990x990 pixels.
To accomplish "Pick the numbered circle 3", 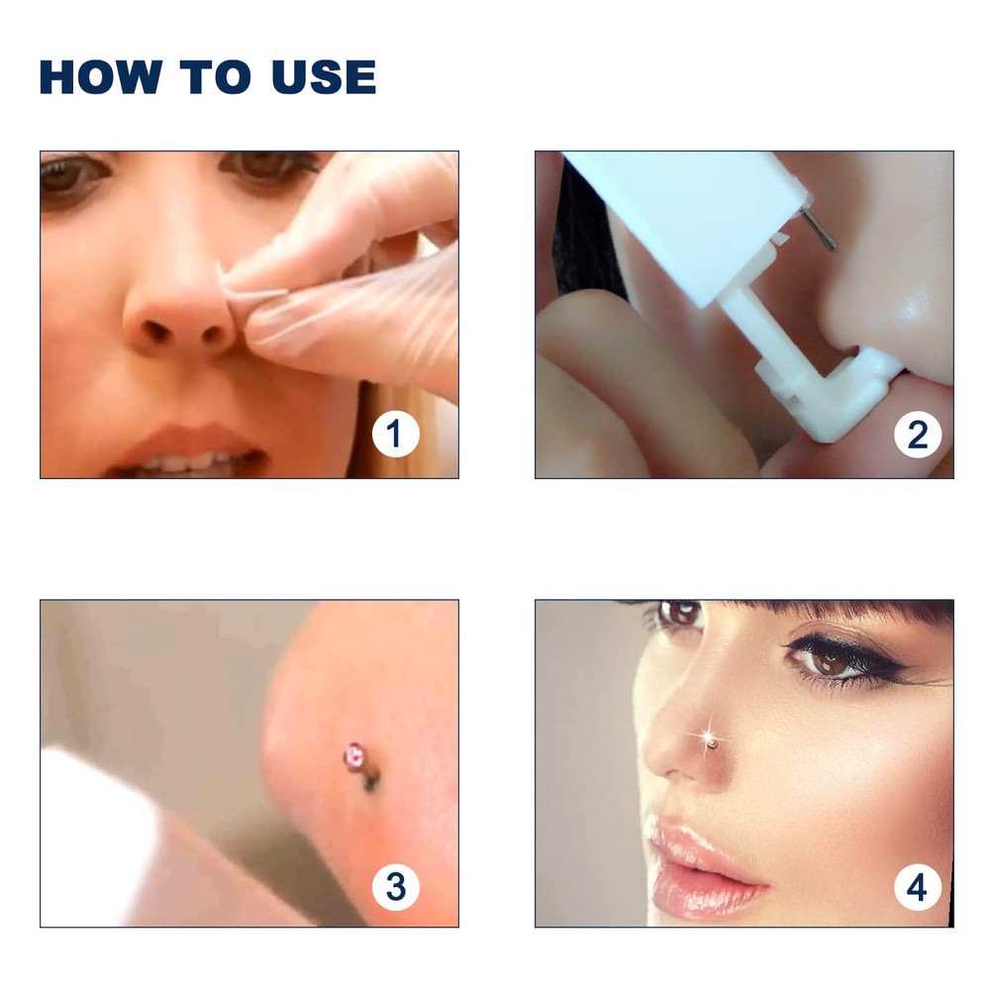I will click(396, 885).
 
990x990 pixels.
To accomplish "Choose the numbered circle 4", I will click(918, 885).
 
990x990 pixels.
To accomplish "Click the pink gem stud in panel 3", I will click(352, 756).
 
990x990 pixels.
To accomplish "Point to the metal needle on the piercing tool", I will click(821, 225).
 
